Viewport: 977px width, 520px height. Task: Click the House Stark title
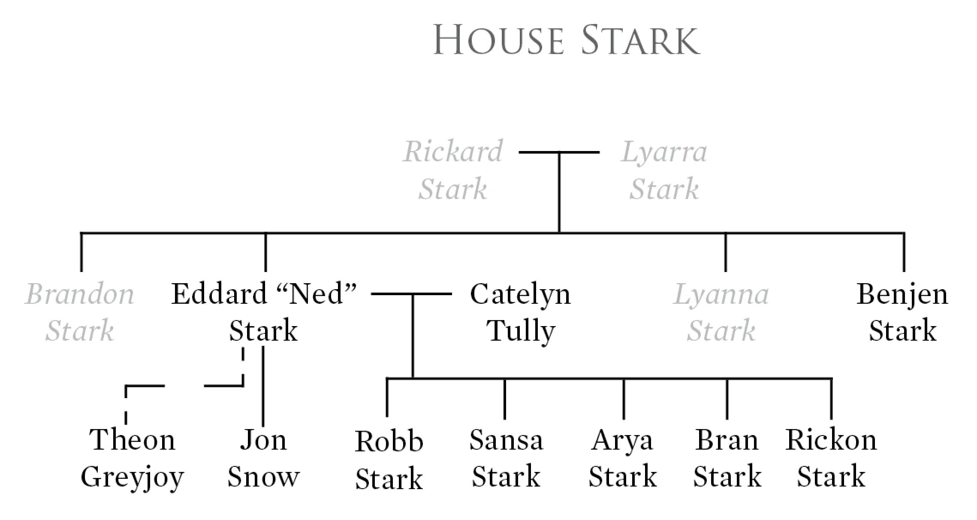pyautogui.click(x=566, y=40)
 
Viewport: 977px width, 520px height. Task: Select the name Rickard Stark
pyautogui.click(x=453, y=170)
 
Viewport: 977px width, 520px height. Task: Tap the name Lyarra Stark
pyautogui.click(x=664, y=170)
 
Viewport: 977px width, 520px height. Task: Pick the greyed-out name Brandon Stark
pyautogui.click(x=80, y=312)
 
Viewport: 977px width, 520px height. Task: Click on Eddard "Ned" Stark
pyautogui.click(x=263, y=312)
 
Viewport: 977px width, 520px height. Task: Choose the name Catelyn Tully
pyautogui.click(x=521, y=312)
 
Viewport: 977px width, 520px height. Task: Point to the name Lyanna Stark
pyautogui.click(x=721, y=312)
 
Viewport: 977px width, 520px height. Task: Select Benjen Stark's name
pyautogui.click(x=902, y=312)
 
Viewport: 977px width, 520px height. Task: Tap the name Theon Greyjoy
pyautogui.click(x=132, y=458)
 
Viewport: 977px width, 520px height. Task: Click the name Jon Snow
pyautogui.click(x=263, y=458)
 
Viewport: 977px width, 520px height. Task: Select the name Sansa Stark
pyautogui.click(x=506, y=458)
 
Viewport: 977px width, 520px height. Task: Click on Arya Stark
pyautogui.click(x=622, y=458)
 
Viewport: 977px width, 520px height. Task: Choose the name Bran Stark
pyautogui.click(x=727, y=458)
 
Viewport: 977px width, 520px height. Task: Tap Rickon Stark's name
pyautogui.click(x=831, y=458)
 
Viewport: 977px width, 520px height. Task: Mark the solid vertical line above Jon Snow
pyautogui.click(x=263, y=386)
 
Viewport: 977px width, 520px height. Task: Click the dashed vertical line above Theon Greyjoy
pyautogui.click(x=126, y=405)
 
